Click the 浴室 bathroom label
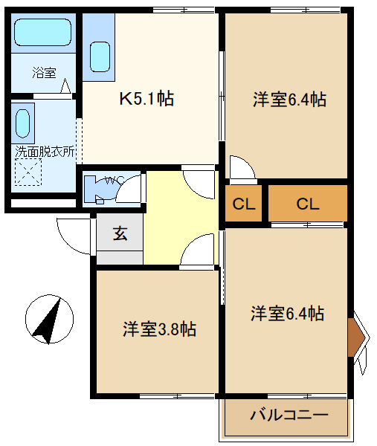(x=43, y=73)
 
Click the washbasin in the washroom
(x=25, y=122)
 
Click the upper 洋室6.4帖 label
(x=289, y=99)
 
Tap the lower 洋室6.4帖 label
(x=287, y=313)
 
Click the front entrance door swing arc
(x=72, y=235)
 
